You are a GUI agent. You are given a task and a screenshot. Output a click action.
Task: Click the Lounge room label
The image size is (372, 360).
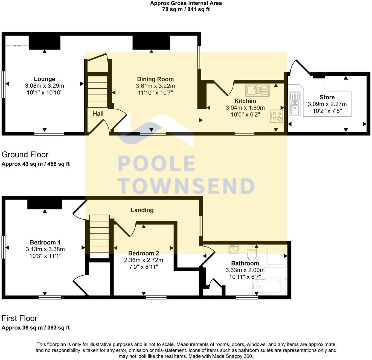click(44, 79)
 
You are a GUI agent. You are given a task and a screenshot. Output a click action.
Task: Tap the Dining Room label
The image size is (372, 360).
click(155, 79)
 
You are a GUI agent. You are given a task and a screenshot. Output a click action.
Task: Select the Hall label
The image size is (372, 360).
click(98, 114)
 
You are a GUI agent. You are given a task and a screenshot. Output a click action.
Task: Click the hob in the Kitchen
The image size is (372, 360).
click(276, 116)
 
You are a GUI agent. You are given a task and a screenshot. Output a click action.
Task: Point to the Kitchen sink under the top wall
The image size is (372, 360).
click(257, 90)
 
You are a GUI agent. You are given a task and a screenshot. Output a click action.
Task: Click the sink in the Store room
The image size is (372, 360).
click(295, 104)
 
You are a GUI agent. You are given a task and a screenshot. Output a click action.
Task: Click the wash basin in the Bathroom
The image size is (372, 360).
click(233, 249)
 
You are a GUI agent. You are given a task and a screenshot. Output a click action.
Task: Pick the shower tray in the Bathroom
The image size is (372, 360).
click(275, 256)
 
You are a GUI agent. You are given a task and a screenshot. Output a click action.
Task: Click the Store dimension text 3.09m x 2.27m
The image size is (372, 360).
click(327, 104)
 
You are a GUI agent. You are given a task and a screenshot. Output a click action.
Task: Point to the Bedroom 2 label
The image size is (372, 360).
click(144, 253)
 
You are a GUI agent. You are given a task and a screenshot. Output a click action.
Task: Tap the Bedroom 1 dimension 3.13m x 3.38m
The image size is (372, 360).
click(45, 249)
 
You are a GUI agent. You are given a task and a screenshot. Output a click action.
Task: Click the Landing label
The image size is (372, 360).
click(142, 210)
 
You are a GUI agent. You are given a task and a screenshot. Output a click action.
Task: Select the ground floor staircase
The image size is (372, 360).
click(97, 92)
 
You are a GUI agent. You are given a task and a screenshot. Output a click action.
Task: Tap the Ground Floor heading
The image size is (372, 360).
click(25, 154)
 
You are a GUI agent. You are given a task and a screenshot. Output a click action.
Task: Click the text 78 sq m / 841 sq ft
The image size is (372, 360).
click(186, 9)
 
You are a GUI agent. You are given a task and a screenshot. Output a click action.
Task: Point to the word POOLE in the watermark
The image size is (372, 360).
click(156, 164)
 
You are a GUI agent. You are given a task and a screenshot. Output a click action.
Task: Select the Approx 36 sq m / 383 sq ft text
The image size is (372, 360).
click(36, 328)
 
